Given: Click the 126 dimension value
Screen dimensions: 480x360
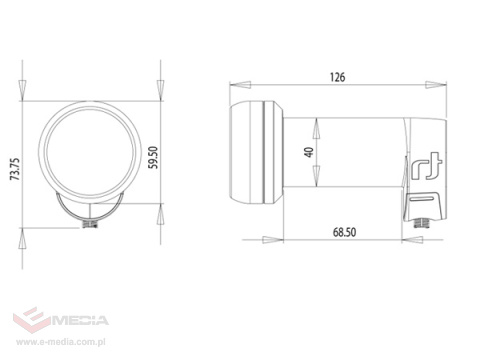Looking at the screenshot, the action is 338,77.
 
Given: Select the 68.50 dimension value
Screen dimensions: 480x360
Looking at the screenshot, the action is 344,232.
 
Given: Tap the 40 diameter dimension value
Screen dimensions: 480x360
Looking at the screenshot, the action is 309,152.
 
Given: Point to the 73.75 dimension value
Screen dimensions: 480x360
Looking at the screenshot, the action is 15,169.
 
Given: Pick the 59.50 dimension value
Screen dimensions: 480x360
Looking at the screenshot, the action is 153,158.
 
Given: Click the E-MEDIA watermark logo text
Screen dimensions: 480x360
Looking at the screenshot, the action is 80,320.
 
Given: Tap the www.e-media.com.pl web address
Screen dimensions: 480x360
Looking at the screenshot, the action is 61,342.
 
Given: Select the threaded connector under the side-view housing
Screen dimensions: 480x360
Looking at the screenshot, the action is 422,223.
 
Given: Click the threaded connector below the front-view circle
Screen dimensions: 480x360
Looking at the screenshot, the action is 90,223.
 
